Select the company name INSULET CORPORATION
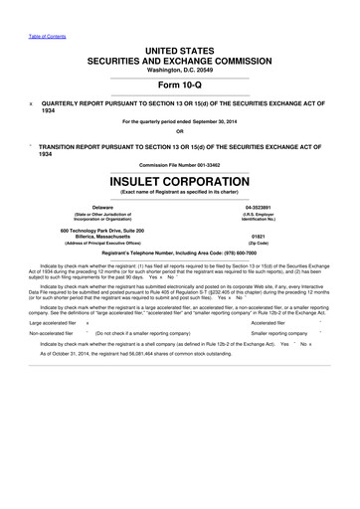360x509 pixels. click(x=179, y=182)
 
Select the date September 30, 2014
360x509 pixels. click(x=214, y=121)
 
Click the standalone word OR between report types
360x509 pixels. click(x=179, y=131)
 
